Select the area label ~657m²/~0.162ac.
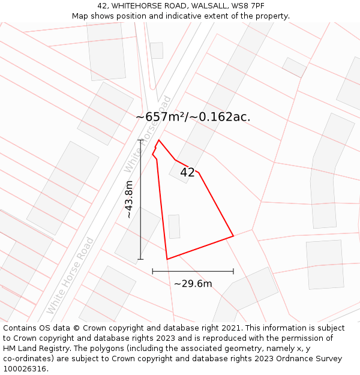193,117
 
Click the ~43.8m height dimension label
128,199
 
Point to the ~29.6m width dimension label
193,284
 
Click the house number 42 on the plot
187,172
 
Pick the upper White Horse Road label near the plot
147,133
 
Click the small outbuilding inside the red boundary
174,226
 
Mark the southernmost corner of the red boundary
167,259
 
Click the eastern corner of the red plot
233,236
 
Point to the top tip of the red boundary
158,140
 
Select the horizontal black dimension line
193,271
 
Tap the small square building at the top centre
157,50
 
